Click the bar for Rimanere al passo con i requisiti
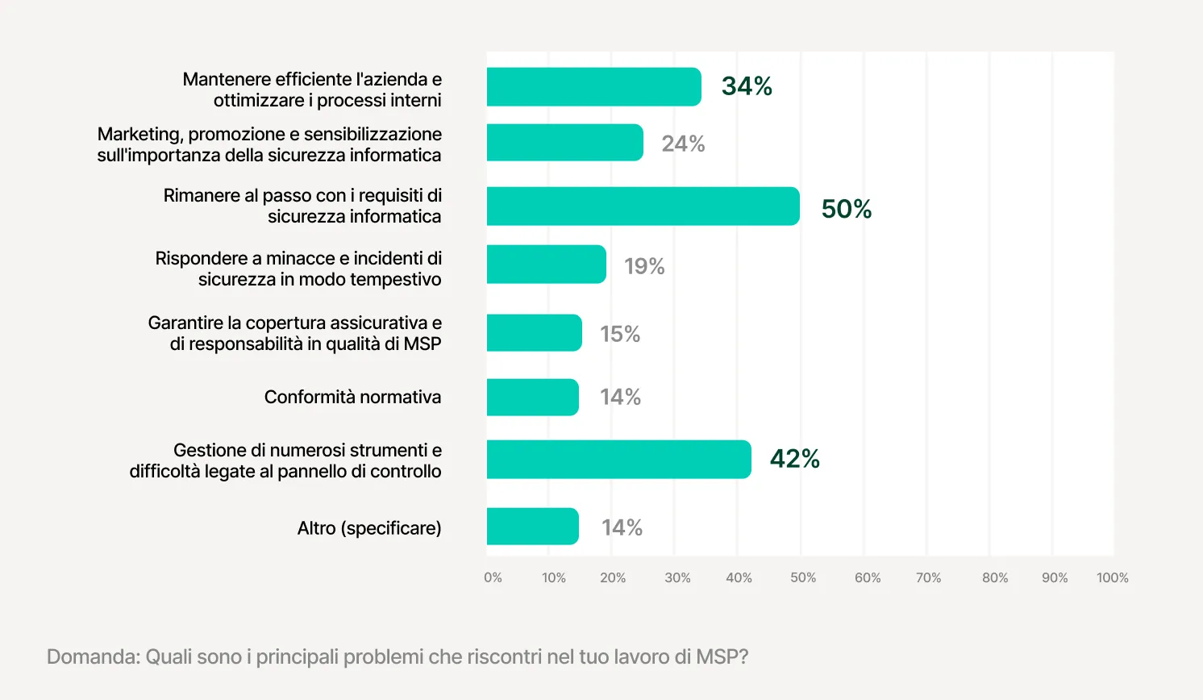(643, 206)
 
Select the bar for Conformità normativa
(532, 398)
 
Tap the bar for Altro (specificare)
(532, 527)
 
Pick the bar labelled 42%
(618, 459)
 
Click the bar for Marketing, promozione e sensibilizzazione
(564, 143)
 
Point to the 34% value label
(747, 86)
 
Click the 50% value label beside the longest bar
(846, 209)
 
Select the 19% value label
(644, 266)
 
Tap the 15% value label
(620, 334)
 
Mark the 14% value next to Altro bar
(622, 527)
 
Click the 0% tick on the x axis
(493, 577)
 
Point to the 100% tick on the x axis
(1112, 577)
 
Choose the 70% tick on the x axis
(928, 577)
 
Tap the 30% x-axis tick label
(677, 577)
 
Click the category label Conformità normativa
(352, 397)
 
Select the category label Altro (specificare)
(369, 528)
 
